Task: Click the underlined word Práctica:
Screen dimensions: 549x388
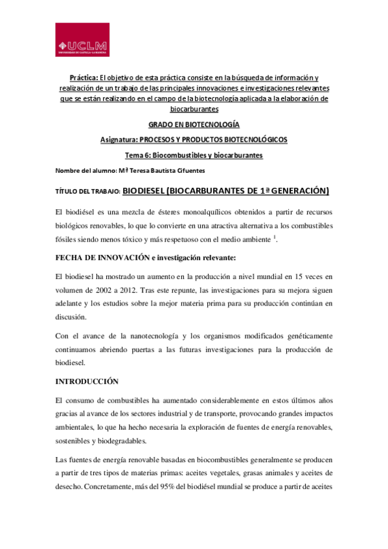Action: pos(86,76)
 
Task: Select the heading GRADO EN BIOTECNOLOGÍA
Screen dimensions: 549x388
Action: pos(194,124)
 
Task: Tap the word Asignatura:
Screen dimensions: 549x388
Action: pos(121,140)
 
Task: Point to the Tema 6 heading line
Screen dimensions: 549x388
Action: pos(194,155)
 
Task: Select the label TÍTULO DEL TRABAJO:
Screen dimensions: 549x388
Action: pos(87,192)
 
